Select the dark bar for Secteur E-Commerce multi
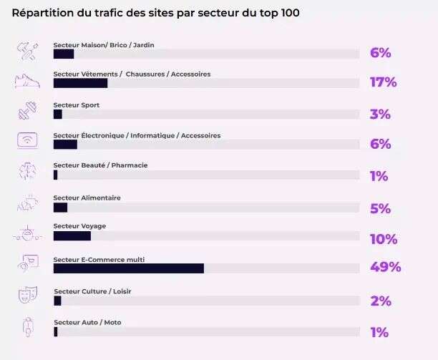129,268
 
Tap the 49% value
385,267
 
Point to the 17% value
383,82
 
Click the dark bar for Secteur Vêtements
80,83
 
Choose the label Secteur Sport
76,105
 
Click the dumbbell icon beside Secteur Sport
26,112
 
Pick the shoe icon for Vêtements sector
27,81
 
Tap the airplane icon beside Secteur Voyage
26,233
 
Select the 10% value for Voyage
383,239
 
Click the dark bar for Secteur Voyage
72,236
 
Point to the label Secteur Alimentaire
87,198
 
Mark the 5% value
380,209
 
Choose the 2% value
381,301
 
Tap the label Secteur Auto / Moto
87,323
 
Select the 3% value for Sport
380,115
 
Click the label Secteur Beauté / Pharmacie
100,165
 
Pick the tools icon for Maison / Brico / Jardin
26,51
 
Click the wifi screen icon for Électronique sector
26,141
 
